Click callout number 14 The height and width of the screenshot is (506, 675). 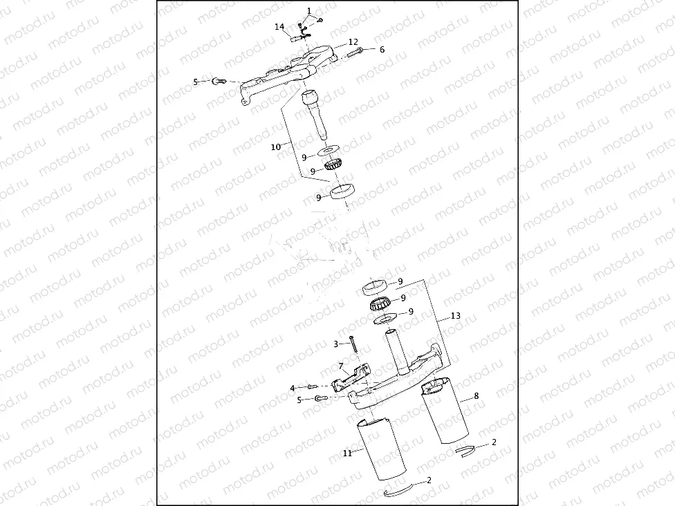(279, 27)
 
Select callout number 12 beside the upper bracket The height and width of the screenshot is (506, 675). (353, 42)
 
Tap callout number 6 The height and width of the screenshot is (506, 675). (382, 50)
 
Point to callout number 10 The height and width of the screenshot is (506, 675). (275, 147)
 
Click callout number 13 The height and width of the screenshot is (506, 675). (455, 316)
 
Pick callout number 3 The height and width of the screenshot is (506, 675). (335, 344)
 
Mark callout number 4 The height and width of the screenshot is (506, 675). (293, 388)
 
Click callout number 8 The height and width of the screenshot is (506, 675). (476, 397)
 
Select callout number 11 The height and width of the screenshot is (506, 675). (348, 453)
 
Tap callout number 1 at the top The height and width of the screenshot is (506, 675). (309, 10)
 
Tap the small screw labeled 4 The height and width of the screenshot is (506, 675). (312, 387)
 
